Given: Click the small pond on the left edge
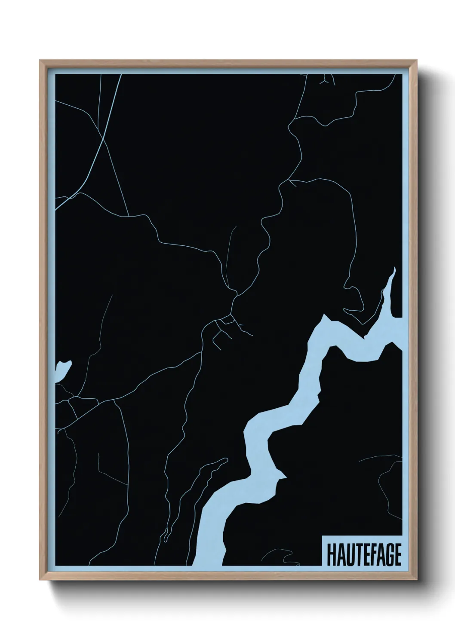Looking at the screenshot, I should click(x=62, y=370).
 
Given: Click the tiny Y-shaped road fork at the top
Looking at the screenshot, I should click(x=327, y=80).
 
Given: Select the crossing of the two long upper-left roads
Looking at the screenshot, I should click(x=102, y=138).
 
